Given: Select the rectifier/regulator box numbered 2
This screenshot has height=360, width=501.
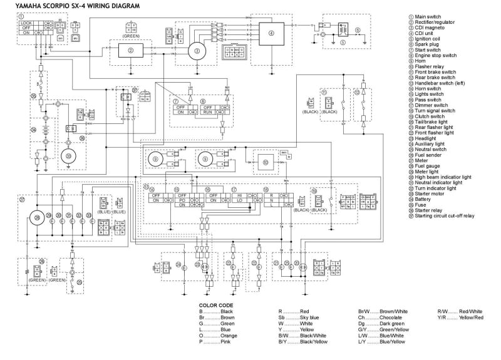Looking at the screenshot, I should (131, 51).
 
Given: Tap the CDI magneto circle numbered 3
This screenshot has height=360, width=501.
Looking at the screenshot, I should (197, 51).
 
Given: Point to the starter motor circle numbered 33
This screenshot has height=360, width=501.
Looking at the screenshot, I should (69, 155).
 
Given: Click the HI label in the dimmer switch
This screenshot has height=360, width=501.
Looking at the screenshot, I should (239, 196).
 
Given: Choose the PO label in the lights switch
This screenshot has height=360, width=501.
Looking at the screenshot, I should (182, 201).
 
